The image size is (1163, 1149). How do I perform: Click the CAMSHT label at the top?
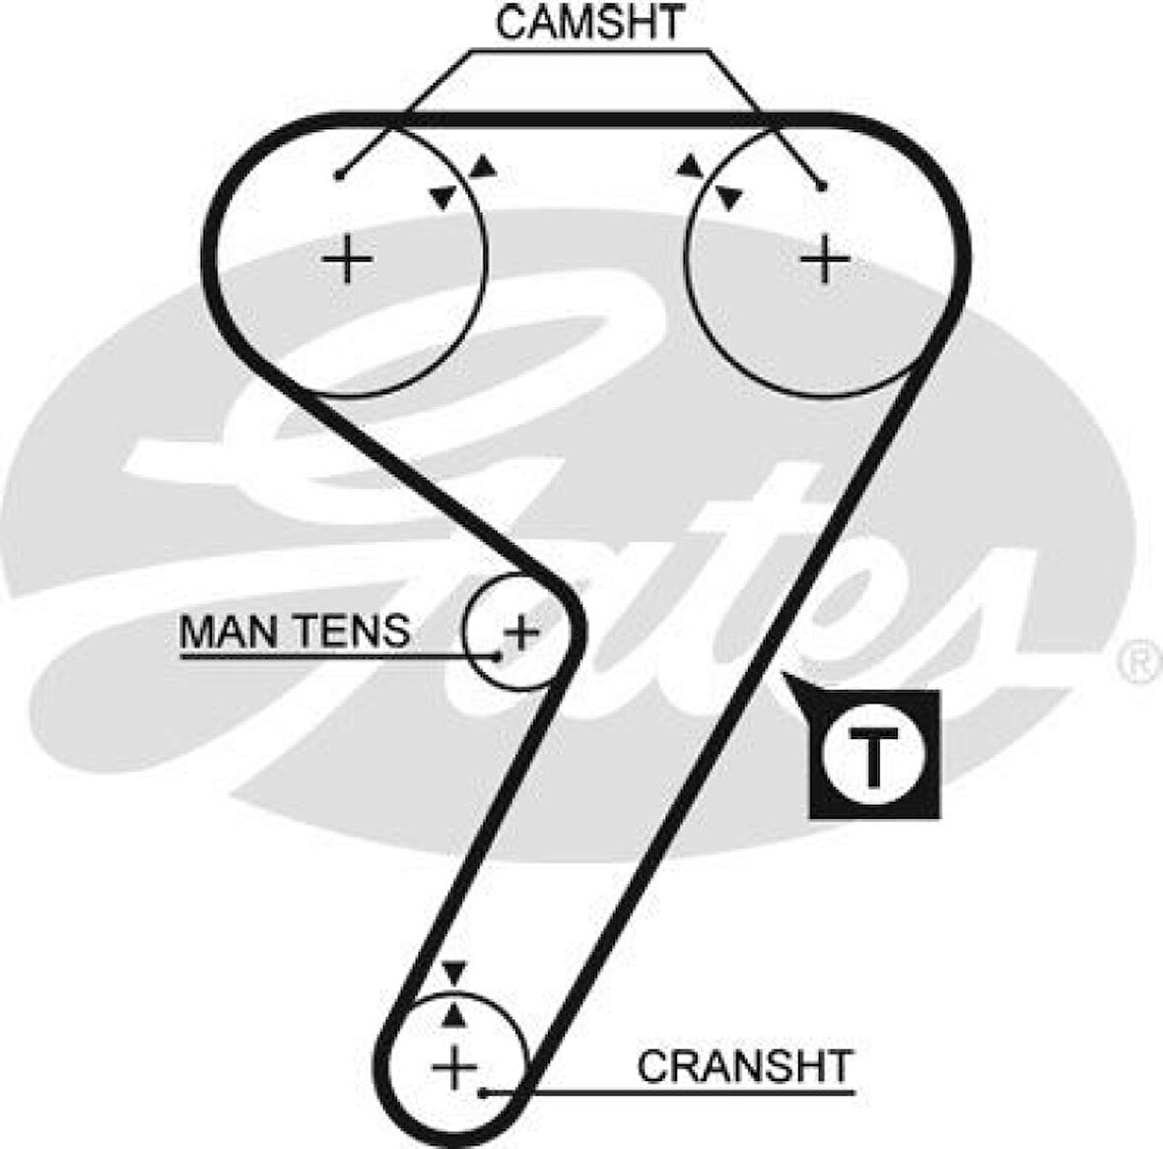589,23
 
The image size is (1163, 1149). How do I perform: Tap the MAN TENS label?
295,630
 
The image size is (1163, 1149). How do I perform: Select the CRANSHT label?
744,1066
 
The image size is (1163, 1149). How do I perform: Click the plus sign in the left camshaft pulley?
347,260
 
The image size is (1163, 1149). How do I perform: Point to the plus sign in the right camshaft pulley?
825,260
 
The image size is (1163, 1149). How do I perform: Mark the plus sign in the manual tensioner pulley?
520,630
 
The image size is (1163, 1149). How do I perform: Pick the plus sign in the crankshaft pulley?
454,1067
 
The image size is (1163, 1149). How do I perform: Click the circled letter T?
873,755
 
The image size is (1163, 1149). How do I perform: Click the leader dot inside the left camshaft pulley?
339,176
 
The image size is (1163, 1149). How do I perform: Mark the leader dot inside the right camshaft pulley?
822,185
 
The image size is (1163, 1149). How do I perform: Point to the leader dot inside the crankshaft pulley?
483,1092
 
